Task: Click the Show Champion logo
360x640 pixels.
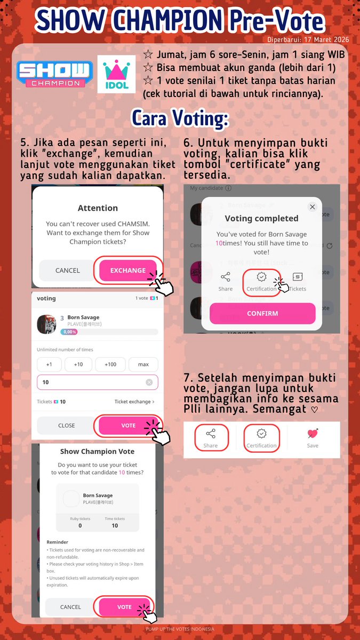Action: point(55,74)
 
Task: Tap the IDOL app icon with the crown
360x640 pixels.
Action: point(117,74)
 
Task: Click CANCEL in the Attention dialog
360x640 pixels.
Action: point(67,270)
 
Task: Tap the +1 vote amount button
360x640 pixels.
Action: point(49,364)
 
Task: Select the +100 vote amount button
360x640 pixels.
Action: point(110,364)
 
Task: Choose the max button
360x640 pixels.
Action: point(143,364)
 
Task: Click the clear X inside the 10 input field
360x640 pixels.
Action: point(149,382)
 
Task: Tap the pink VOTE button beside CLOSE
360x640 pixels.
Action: point(128,426)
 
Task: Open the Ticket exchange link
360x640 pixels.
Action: point(134,402)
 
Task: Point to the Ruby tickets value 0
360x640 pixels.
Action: point(80,525)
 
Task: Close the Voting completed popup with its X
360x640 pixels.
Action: point(313,207)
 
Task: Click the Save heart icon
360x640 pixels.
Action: point(313,434)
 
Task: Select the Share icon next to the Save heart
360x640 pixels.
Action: point(210,434)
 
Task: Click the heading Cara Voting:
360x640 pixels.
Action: point(180,118)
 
